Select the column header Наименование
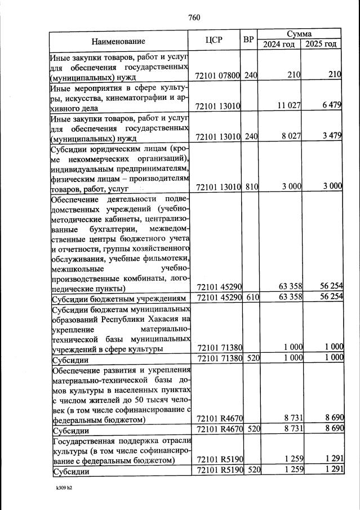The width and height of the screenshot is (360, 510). click(118, 41)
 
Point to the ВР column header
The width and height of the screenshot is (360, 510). click(249, 40)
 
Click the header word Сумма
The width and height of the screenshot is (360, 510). click(300, 34)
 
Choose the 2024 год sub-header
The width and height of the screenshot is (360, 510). click(279, 45)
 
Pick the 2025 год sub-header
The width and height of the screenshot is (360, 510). click(322, 45)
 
